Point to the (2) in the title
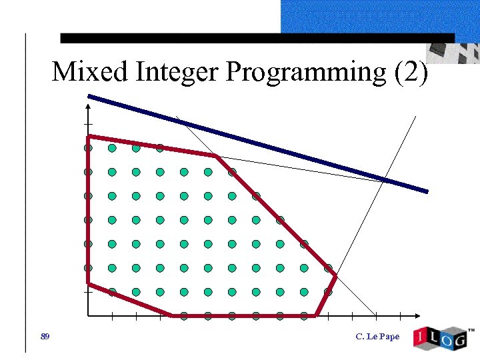coord(411,71)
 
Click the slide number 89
coord(45,336)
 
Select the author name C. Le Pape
coord(377,337)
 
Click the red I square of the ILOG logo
coord(421,337)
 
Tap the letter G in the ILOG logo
coord(460,339)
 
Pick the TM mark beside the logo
coord(471,330)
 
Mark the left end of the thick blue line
coord(89,96)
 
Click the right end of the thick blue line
coord(427,191)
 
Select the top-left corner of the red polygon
coord(88,137)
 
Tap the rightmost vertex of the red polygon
coord(335,275)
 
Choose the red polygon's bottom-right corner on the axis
coord(316,315)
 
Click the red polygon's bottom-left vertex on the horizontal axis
coord(172,315)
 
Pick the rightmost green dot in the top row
coord(160,148)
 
